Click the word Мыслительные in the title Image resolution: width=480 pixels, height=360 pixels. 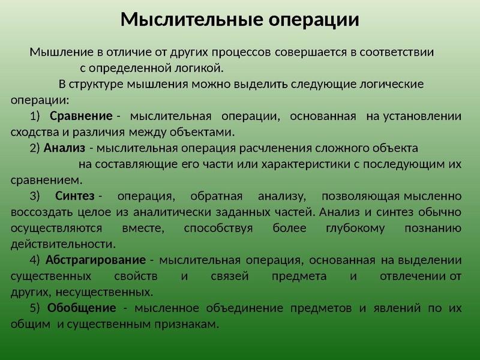click(x=190, y=20)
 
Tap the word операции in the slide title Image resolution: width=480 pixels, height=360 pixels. click(x=311, y=20)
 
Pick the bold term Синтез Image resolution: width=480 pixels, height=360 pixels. click(x=75, y=196)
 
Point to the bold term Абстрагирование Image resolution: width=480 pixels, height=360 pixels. click(x=95, y=260)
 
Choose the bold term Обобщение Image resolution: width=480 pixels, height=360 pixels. click(x=82, y=308)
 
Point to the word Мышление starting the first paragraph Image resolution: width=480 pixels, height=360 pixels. click(x=56, y=52)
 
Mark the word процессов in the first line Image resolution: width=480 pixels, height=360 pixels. click(x=247, y=52)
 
